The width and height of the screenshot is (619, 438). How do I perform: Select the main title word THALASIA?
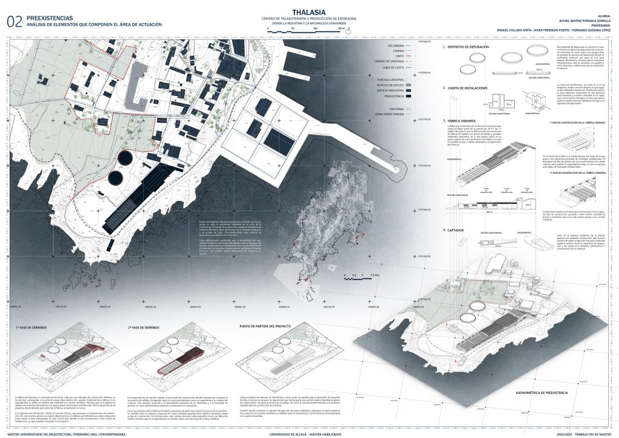309,11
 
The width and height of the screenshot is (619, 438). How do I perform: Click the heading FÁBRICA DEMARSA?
463,120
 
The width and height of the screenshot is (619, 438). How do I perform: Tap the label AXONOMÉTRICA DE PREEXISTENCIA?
541,393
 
